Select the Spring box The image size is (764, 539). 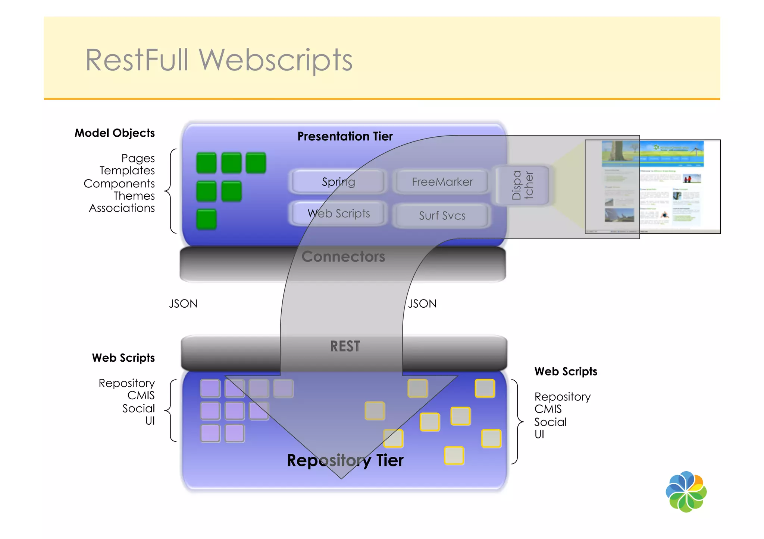(338, 182)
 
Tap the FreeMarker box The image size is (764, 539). (442, 182)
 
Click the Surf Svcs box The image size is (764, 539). (442, 215)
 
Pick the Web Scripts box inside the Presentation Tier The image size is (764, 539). (338, 213)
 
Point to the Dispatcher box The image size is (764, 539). (522, 185)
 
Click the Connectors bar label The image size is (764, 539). (343, 257)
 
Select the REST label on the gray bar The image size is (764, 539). (345, 346)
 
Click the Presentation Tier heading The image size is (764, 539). (345, 136)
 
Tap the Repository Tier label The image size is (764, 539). (345, 460)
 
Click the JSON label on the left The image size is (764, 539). (183, 304)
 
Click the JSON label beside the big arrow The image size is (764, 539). (422, 304)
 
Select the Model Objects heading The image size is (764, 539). (115, 133)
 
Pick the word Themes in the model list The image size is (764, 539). (134, 196)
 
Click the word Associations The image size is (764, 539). (122, 208)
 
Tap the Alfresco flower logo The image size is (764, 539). (686, 492)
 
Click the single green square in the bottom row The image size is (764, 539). (206, 219)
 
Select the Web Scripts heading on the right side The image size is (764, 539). (566, 371)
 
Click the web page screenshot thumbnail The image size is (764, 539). (652, 187)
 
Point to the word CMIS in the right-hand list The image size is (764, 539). (548, 409)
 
